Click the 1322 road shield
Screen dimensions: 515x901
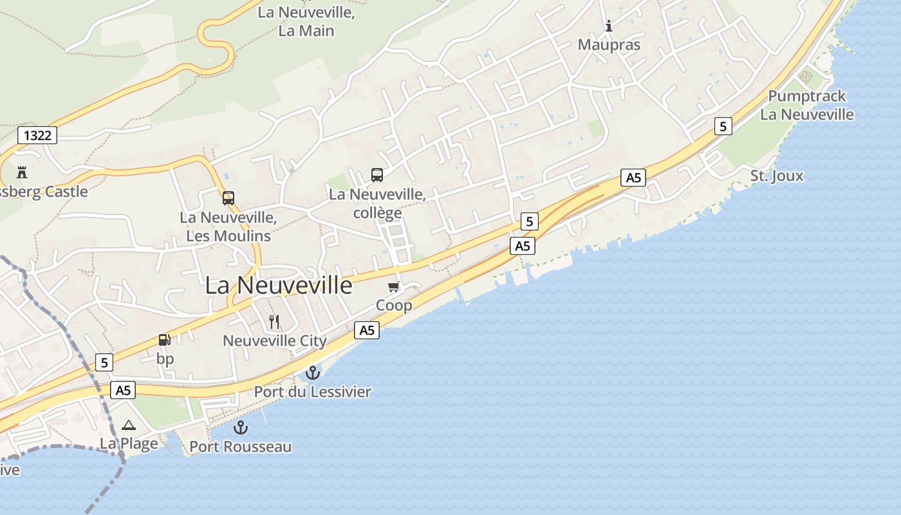[x=37, y=135]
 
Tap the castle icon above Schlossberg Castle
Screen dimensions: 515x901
[x=22, y=173]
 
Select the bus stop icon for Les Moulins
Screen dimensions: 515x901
[x=228, y=198]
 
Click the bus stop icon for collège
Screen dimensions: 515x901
[x=377, y=174]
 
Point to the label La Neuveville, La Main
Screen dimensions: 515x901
[x=306, y=21]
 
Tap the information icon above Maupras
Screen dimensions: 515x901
[x=609, y=26]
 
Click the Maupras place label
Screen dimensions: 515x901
[x=609, y=45]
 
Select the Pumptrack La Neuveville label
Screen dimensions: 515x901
[x=807, y=106]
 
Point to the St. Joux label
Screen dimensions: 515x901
[x=777, y=176]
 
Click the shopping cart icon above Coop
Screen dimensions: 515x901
[x=393, y=286]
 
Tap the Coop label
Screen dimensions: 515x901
[x=394, y=305]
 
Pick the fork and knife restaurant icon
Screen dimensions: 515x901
[x=274, y=322]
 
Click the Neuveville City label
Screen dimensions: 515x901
[x=275, y=341]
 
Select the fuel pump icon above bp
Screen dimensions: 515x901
[x=165, y=340]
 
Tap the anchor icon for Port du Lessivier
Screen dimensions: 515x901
[x=312, y=373]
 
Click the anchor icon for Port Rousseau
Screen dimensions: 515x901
[x=240, y=427]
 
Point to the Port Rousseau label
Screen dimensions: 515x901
[x=240, y=447]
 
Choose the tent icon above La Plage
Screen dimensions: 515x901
[x=129, y=425]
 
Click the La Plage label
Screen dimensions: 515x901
[x=129, y=444]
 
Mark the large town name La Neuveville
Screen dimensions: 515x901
[x=279, y=286]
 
